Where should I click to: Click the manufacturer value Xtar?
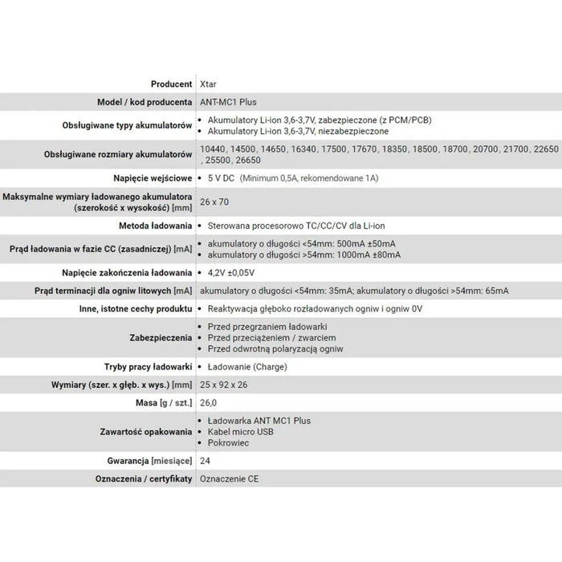coord(208,83)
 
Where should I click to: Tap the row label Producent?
coord(171,83)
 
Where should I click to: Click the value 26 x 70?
coord(214,202)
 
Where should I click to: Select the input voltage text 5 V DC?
coord(221,177)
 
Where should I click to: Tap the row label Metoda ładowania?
coord(154,226)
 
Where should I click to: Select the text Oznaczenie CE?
coord(229,479)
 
